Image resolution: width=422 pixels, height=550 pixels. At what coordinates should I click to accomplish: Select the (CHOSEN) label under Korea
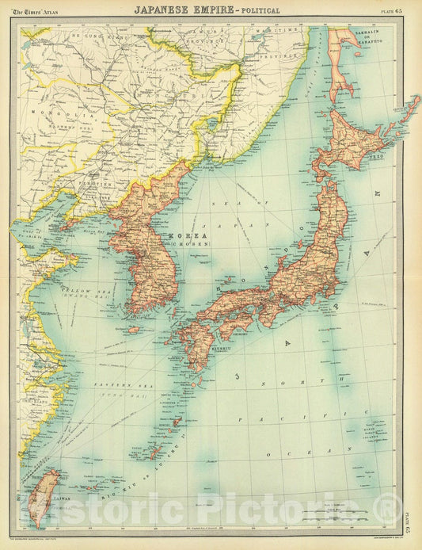tap(197, 244)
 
